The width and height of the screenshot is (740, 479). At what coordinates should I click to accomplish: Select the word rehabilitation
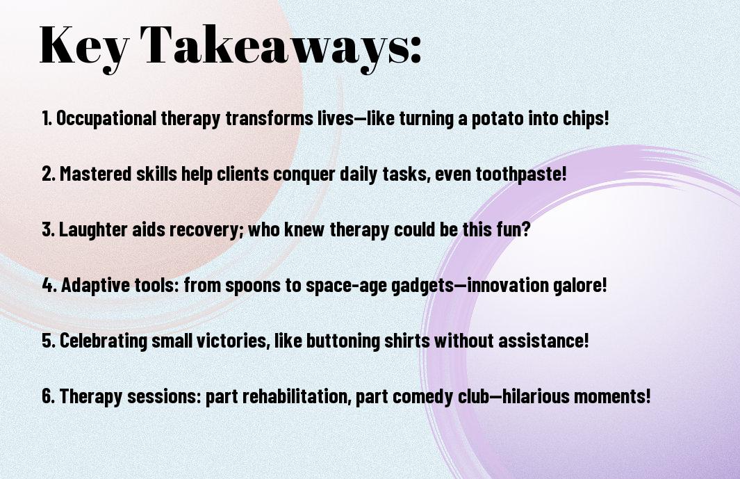[x=297, y=396]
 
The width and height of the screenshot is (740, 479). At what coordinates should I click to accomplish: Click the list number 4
[x=48, y=285]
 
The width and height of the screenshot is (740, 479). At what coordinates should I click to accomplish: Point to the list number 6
[x=48, y=396]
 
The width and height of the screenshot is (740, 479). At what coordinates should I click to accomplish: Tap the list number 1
[x=47, y=119]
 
